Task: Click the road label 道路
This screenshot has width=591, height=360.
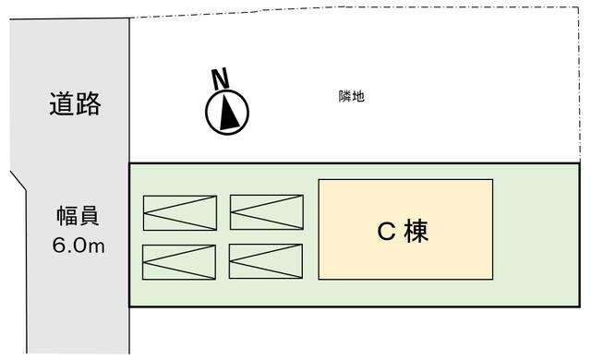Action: point(75,103)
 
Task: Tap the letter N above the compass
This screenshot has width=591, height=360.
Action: point(220,78)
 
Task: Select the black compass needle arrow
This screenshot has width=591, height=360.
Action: point(228,113)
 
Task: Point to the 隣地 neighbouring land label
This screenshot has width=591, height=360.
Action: point(351,97)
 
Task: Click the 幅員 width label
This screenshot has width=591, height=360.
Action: point(78,216)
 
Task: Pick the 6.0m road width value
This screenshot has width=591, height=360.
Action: point(78,246)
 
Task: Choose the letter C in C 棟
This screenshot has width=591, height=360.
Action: point(386,231)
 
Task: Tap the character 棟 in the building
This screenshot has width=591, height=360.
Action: point(416,231)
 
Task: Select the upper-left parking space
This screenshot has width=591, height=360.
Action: point(180,212)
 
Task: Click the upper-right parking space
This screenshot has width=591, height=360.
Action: point(267,212)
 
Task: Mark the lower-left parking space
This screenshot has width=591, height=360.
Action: point(179,262)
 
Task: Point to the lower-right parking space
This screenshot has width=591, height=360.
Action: point(266,261)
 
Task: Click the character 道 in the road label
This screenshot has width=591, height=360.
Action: point(62,103)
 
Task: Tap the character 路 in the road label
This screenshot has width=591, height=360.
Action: point(89,103)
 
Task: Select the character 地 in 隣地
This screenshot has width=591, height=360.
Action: point(358,97)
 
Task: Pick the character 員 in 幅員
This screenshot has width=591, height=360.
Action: point(89,216)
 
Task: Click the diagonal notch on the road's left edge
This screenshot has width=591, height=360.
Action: point(18,181)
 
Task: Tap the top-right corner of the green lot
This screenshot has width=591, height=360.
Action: point(579,163)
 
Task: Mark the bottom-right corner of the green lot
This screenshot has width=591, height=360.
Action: point(579,306)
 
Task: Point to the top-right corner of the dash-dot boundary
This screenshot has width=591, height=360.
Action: point(579,6)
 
